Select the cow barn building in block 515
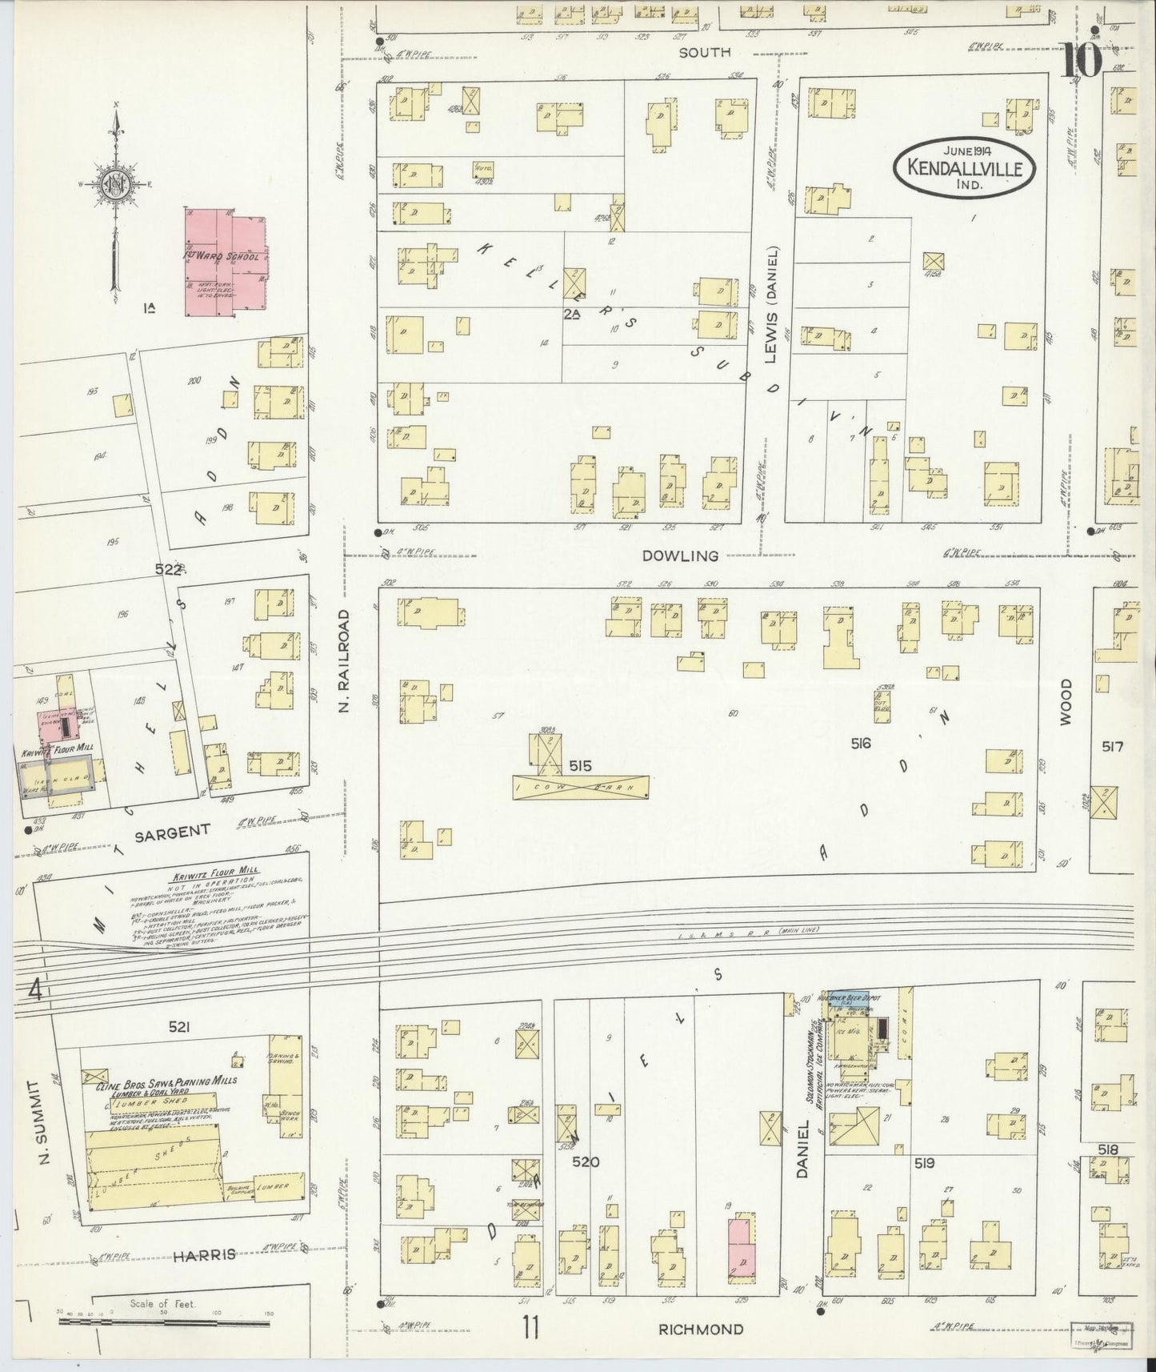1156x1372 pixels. pyautogui.click(x=580, y=787)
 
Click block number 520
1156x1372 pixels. pyautogui.click(x=585, y=1161)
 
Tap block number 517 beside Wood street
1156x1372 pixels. pyautogui.click(x=1112, y=747)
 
